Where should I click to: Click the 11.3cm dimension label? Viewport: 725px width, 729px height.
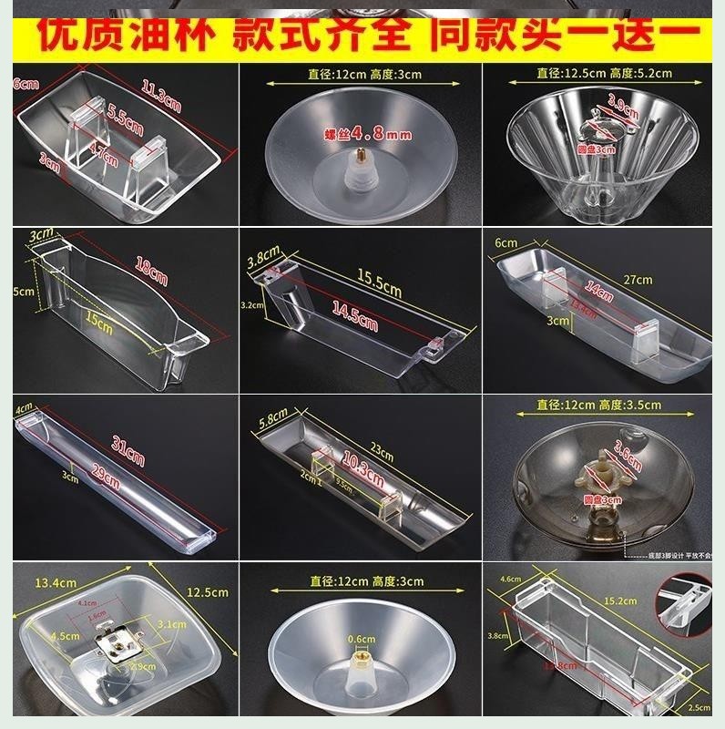[161, 96]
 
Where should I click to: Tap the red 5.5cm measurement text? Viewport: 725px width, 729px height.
[126, 117]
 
